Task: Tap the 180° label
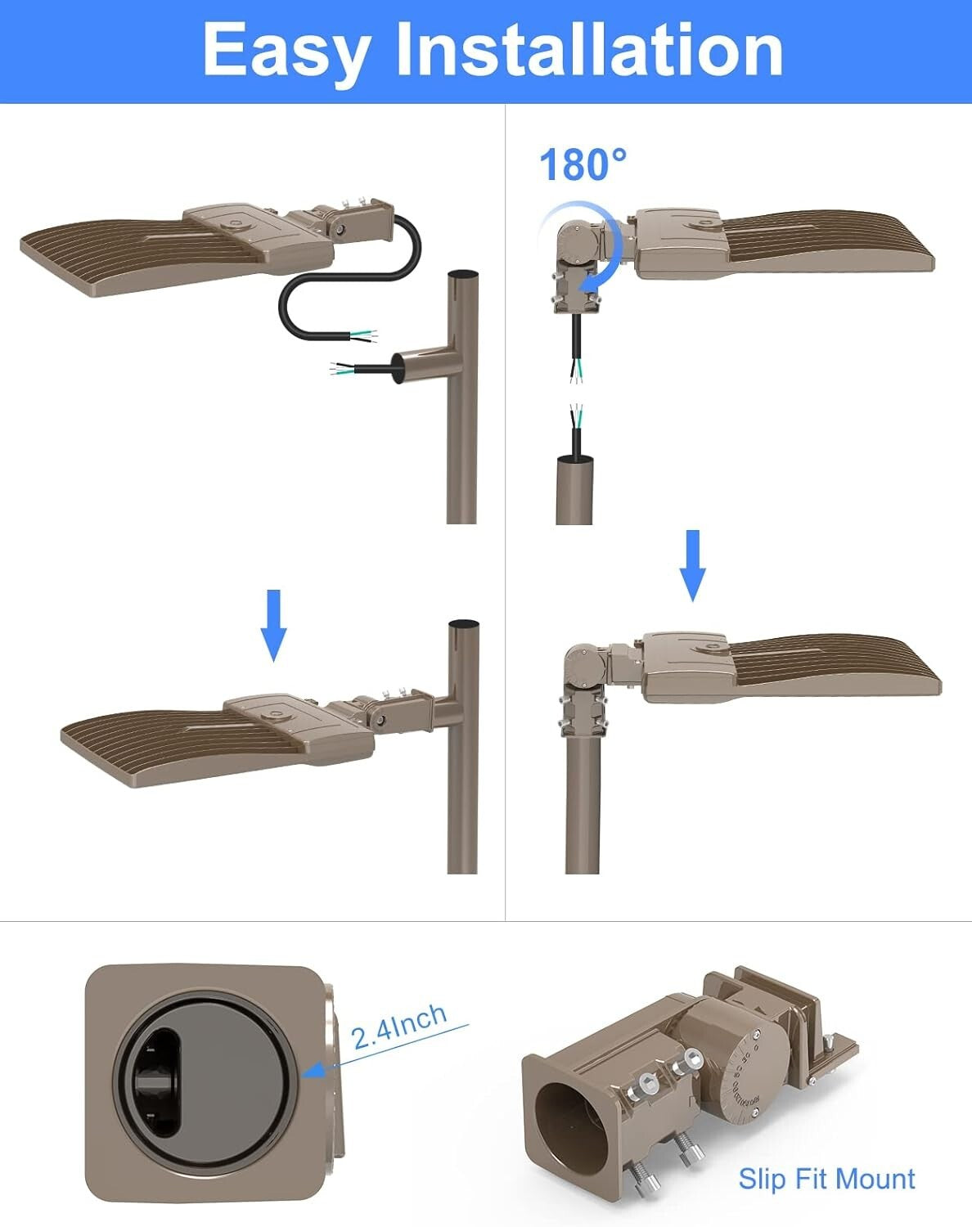583,164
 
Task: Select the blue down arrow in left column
273,624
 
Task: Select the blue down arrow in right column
693,564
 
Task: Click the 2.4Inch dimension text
399,1026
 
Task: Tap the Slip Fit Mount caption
826,1179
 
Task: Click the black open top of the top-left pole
463,275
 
